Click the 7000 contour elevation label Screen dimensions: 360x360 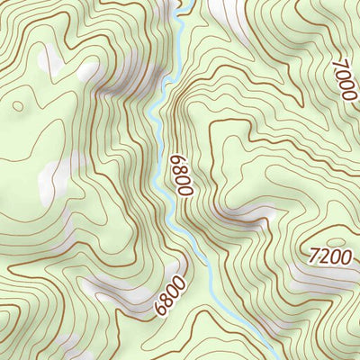click(344, 81)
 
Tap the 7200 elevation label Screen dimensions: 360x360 click(329, 256)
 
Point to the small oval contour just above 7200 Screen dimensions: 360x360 click(335, 241)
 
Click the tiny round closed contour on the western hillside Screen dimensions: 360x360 click(17, 106)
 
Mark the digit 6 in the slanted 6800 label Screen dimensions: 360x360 click(160, 309)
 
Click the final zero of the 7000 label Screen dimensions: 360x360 click(349, 96)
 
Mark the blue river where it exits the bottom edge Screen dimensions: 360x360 click(270, 356)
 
